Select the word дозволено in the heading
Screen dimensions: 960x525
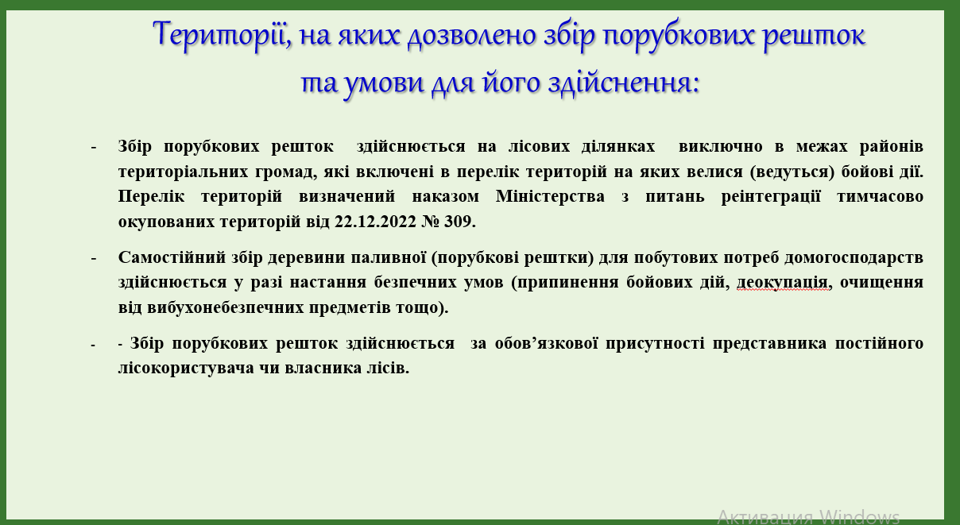point(471,34)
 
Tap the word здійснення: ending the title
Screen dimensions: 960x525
point(624,83)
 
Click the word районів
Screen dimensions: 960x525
point(892,146)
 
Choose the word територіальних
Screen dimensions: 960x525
point(183,172)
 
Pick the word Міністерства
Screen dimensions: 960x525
point(550,196)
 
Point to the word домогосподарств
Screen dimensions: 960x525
point(854,258)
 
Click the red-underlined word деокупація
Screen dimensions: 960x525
point(784,283)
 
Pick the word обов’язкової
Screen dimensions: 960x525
point(546,343)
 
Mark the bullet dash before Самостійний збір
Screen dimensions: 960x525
point(94,258)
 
